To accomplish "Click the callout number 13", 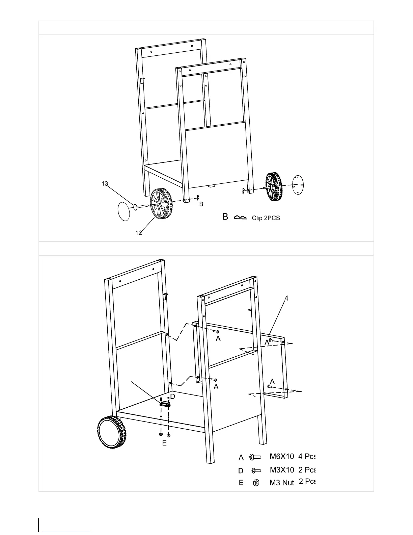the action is [x=105, y=184].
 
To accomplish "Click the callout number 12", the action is [x=139, y=233].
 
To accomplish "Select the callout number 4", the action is [x=286, y=298].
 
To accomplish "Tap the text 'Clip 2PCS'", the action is [x=266, y=218].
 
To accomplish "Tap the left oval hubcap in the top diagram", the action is [x=123, y=211].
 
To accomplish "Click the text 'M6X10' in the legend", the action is [x=282, y=457].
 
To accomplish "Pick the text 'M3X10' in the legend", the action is [x=282, y=470].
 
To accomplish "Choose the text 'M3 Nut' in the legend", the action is [x=282, y=483].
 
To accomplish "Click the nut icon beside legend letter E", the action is [x=256, y=483].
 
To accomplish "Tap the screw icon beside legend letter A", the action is [x=255, y=457].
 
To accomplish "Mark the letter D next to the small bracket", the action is [x=172, y=396].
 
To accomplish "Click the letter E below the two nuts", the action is [x=164, y=443].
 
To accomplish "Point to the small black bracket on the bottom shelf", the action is [x=165, y=403].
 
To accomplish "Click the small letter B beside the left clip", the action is [x=201, y=204].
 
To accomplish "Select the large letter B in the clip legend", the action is [x=225, y=217].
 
